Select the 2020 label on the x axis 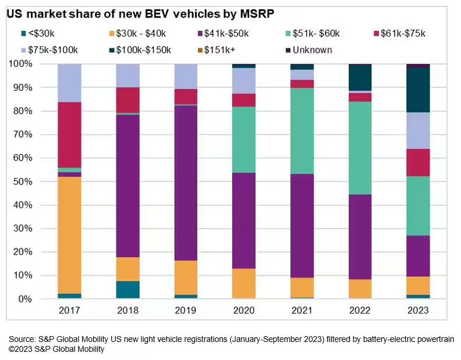[244, 311]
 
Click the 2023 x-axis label [418, 311]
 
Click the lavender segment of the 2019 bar [186, 76]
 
